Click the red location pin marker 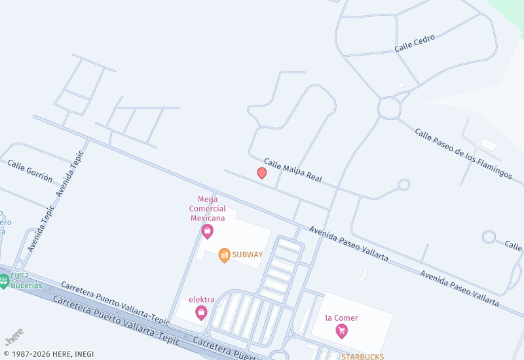[x=262, y=173]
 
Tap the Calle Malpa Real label [x=293, y=170]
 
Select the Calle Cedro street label [x=415, y=43]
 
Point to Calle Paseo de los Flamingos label [x=463, y=154]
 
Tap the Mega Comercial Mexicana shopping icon [x=208, y=231]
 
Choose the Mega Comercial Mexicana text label [x=208, y=208]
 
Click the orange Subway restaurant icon [x=224, y=255]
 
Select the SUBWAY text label [x=247, y=255]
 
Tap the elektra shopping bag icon [x=201, y=313]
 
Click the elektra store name [x=201, y=300]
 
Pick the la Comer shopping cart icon [x=341, y=331]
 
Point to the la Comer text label [x=342, y=318]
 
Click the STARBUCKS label [x=362, y=356]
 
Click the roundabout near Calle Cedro [x=389, y=107]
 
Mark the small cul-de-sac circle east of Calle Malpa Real [x=403, y=185]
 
